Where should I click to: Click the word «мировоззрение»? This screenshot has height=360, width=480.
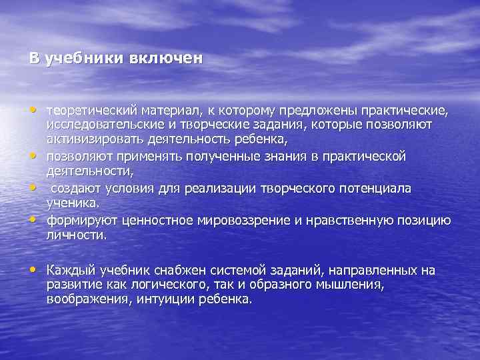[221, 221]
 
